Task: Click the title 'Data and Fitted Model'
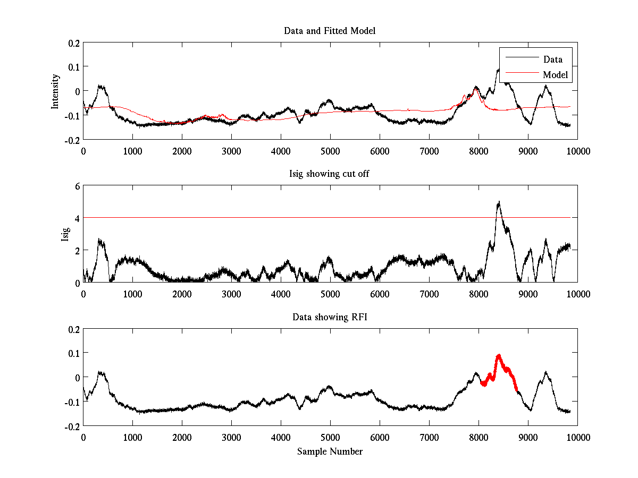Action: pyautogui.click(x=330, y=31)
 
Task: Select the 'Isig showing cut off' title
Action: pyautogui.click(x=330, y=174)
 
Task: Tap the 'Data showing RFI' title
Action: pyautogui.click(x=330, y=317)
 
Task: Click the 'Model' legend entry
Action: pyautogui.click(x=555, y=75)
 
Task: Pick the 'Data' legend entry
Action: pyautogui.click(x=552, y=59)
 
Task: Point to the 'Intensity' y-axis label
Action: pyautogui.click(x=55, y=91)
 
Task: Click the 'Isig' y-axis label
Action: pyautogui.click(x=65, y=234)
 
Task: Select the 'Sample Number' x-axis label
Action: pyautogui.click(x=330, y=451)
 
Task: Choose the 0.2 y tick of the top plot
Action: pyautogui.click(x=73, y=43)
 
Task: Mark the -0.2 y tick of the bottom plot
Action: pyautogui.click(x=72, y=426)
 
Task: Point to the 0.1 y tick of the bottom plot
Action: pyautogui.click(x=73, y=353)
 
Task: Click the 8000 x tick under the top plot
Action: pyautogui.click(x=478, y=151)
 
